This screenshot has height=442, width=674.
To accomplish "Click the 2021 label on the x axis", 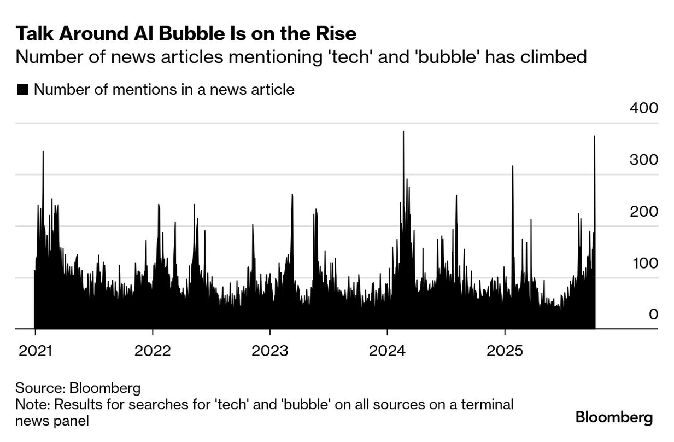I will click(34, 350).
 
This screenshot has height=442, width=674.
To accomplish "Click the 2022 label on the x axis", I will click(153, 350).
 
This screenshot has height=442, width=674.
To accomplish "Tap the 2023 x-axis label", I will click(270, 350).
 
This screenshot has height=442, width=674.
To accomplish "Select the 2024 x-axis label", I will click(388, 350).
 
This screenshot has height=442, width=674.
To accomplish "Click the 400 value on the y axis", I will click(643, 108).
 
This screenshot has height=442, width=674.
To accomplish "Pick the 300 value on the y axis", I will click(643, 160).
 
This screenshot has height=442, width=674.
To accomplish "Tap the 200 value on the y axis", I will click(643, 212).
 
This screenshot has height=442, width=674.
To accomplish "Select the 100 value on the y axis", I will click(643, 263).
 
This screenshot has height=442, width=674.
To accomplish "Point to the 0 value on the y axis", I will click(653, 315).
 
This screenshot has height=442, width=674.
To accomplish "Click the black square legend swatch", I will click(22, 90).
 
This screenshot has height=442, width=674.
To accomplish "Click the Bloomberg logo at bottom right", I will click(614, 418).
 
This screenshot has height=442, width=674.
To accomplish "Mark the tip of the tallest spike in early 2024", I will click(403, 132).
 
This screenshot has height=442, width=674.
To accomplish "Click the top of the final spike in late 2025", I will click(594, 136).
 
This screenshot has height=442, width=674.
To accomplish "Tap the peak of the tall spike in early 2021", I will click(43, 152).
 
